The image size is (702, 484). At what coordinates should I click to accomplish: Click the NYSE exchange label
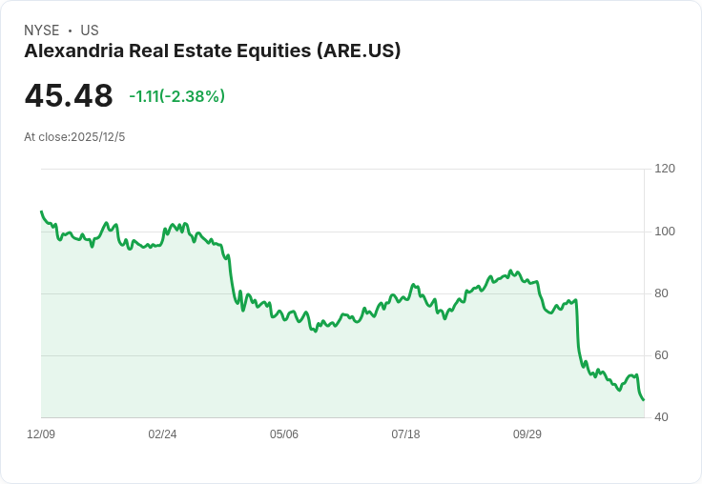click(x=42, y=30)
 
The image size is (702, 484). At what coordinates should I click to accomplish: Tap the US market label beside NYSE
click(x=90, y=30)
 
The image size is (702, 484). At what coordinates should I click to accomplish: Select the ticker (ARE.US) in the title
click(x=358, y=51)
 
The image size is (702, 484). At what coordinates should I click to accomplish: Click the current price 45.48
click(x=69, y=96)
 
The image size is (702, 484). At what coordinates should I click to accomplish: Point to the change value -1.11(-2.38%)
click(x=177, y=96)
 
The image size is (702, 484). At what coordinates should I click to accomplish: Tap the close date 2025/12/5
click(x=98, y=137)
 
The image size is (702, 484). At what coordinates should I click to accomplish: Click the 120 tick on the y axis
click(x=665, y=169)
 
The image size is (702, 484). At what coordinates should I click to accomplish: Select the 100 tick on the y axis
click(x=665, y=232)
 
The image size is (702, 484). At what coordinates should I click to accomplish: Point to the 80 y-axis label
click(x=662, y=293)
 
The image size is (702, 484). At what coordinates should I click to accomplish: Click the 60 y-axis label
click(x=662, y=355)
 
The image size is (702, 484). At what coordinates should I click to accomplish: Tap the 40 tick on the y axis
click(x=662, y=417)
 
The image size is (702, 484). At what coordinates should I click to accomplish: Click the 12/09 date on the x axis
click(x=41, y=434)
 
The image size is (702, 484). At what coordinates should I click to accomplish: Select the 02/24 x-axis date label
click(x=162, y=434)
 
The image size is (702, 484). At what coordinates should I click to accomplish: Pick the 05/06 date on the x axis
click(x=284, y=434)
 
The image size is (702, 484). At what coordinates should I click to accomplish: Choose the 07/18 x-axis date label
click(x=405, y=434)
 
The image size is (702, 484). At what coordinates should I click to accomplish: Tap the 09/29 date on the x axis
click(x=527, y=434)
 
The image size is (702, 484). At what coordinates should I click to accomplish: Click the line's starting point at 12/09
click(x=41, y=212)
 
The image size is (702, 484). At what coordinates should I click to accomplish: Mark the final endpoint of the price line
click(x=644, y=400)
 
